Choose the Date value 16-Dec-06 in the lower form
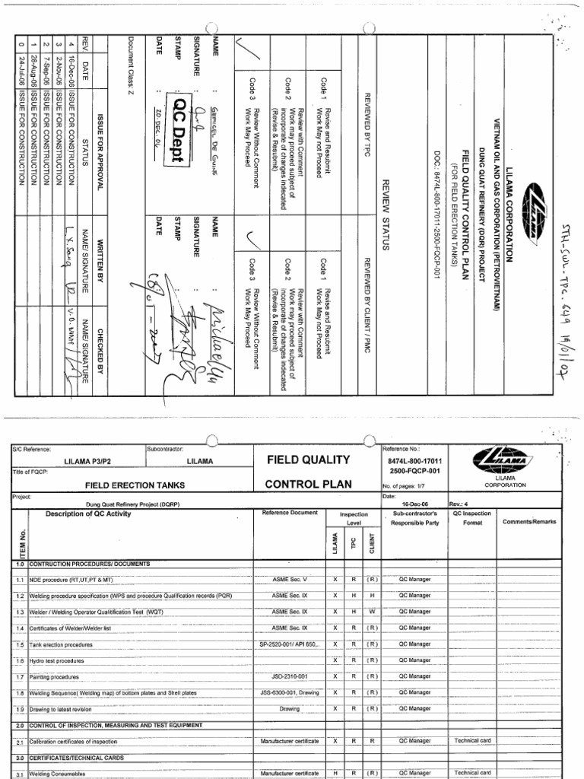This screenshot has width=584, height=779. pyautogui.click(x=411, y=503)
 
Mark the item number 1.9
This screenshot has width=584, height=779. pyautogui.click(x=19, y=708)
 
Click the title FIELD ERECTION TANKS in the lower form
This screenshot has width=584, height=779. pyautogui.click(x=123, y=484)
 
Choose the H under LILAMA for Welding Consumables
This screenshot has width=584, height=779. pyautogui.click(x=335, y=773)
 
